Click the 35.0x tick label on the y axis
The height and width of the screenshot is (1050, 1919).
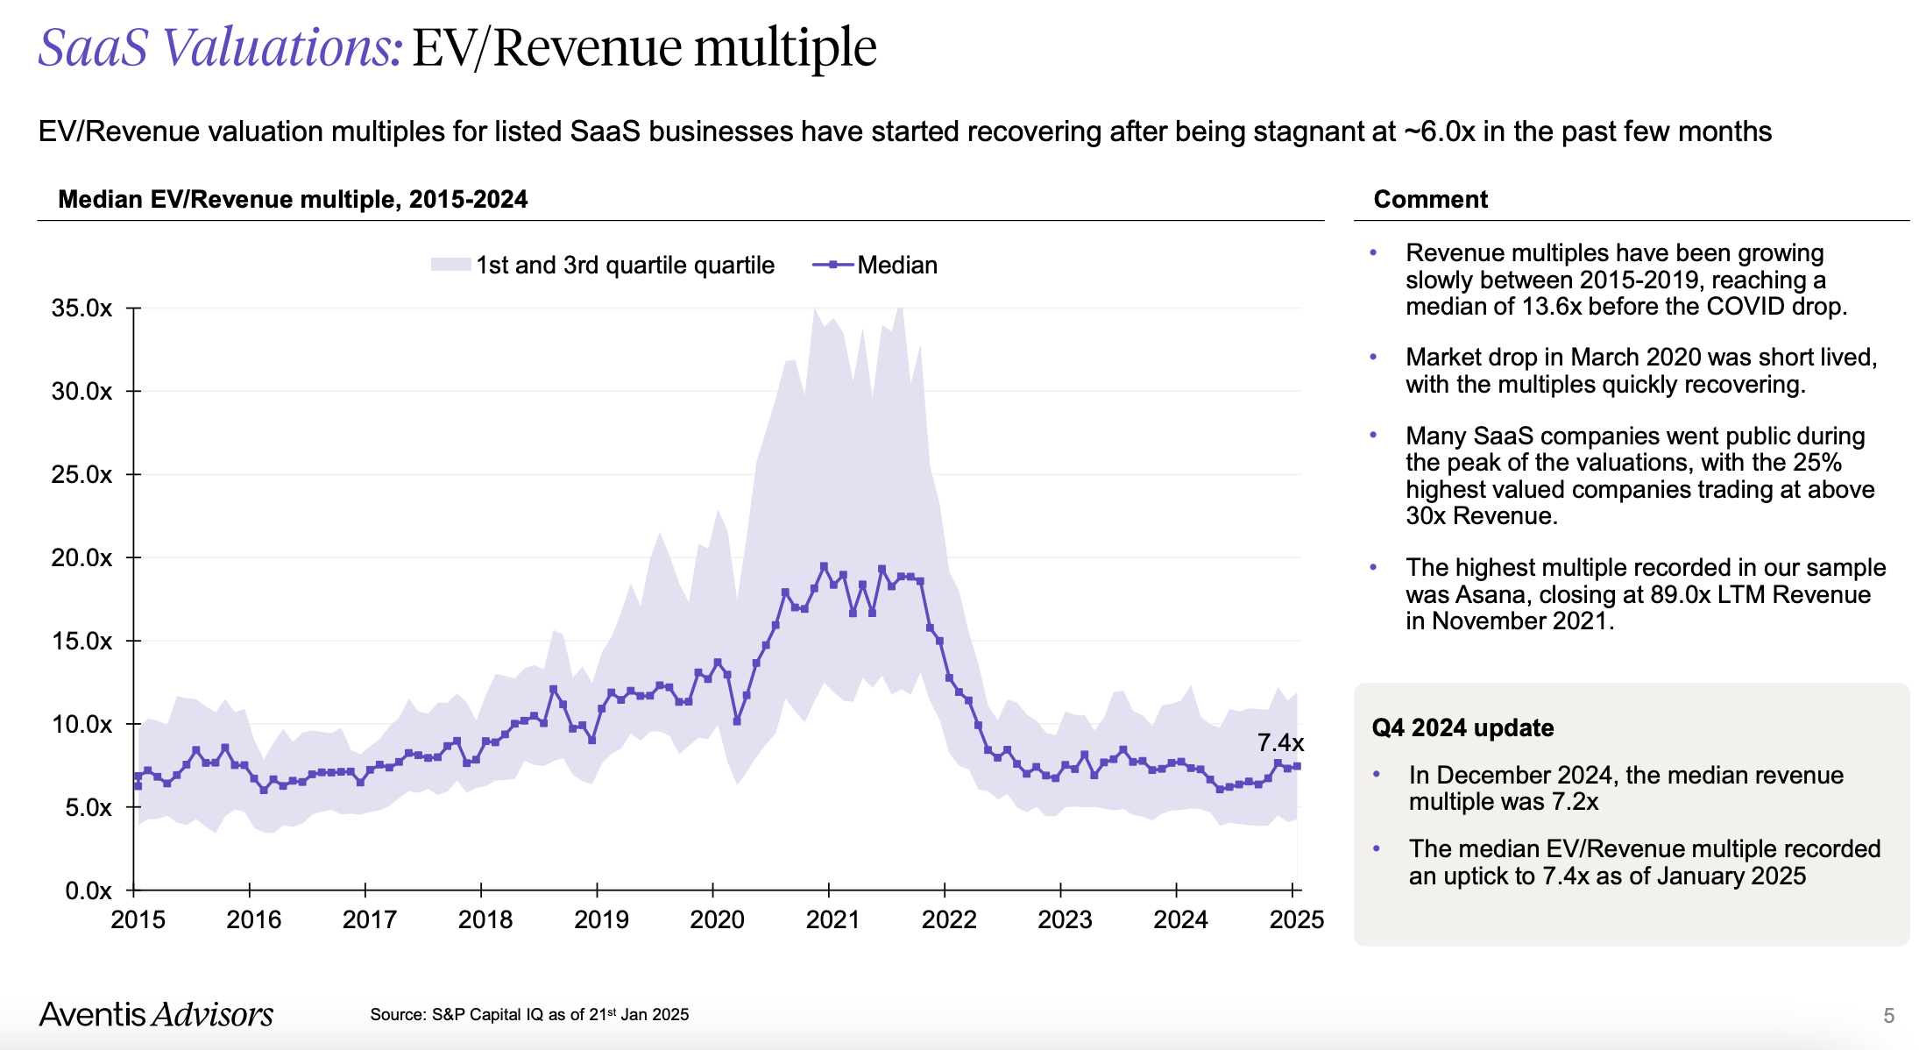pos(81,309)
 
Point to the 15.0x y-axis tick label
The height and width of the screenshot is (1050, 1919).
pos(81,642)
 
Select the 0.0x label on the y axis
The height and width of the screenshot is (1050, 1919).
pos(88,891)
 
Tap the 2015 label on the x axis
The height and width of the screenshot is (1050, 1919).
pos(138,919)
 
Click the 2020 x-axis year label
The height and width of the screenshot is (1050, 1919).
pos(717,919)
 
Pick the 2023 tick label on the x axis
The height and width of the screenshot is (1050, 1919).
pos(1065,919)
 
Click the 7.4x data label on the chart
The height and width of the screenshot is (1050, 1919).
pos(1280,743)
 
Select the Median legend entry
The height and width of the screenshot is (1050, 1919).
pos(896,265)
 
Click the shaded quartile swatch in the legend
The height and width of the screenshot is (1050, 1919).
pos(450,265)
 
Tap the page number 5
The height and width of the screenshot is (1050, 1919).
pos(1888,1016)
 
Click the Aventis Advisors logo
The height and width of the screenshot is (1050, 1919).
pos(156,1014)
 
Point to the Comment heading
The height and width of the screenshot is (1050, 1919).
pos(1430,200)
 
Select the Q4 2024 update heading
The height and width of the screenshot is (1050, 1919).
pos(1462,728)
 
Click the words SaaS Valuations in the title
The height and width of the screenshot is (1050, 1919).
pos(220,47)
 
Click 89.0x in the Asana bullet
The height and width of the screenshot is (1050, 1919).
pos(1682,595)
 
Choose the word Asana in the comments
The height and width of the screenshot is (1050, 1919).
pos(1492,595)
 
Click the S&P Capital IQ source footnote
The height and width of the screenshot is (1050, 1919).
pos(529,1015)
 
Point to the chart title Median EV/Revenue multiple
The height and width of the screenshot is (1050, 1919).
pos(293,200)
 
